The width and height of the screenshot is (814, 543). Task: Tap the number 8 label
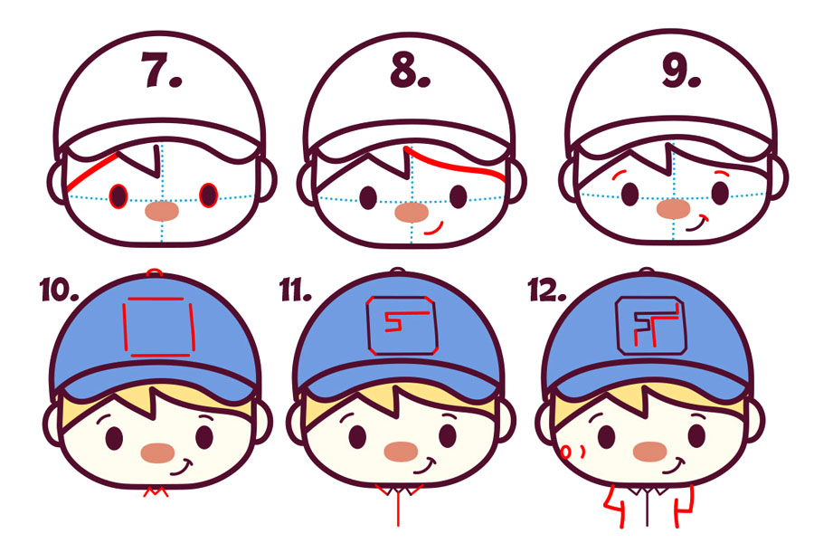point(410,69)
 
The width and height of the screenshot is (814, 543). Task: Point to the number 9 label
point(680,71)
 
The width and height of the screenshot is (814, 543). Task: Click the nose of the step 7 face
point(162,211)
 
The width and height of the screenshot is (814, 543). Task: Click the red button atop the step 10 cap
point(154,271)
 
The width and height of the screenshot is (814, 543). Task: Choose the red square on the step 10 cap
point(158,327)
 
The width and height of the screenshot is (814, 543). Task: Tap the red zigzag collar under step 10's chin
point(156,491)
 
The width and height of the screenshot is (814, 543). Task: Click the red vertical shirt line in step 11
point(398,509)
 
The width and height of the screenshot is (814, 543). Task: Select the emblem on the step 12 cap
point(651,326)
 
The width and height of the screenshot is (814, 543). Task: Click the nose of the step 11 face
point(401,452)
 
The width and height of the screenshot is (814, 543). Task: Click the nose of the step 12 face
point(649,452)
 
